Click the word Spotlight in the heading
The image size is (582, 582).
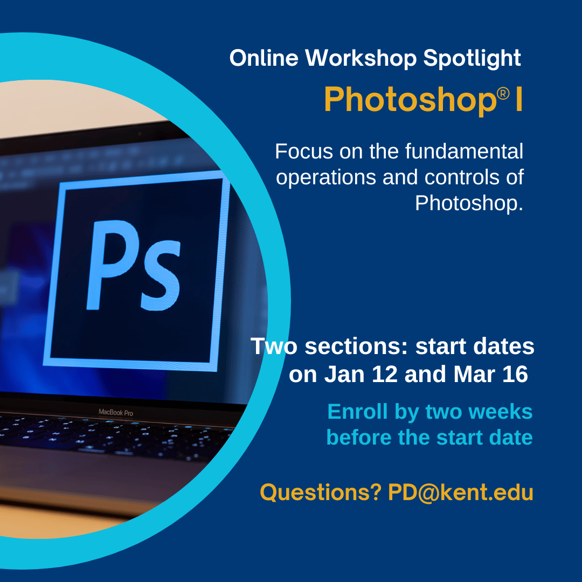click(472, 59)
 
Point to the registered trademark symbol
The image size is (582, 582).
click(502, 94)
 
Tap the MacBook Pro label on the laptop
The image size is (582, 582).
click(115, 412)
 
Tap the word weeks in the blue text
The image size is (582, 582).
click(501, 412)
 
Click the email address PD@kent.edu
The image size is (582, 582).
click(460, 493)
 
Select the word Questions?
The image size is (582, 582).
click(320, 493)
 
